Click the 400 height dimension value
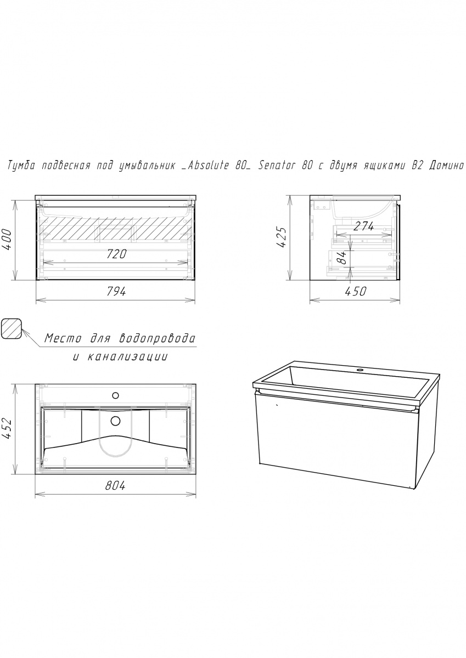tap(7, 240)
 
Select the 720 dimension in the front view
tap(116, 254)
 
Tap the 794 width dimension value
tap(116, 291)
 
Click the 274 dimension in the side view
tap(363, 226)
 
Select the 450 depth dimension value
tap(356, 291)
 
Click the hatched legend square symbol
tap(12, 328)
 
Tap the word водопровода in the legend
tap(157, 339)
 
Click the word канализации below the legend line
tap(128, 357)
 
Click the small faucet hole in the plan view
tap(116, 396)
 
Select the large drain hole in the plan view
tap(116, 421)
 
